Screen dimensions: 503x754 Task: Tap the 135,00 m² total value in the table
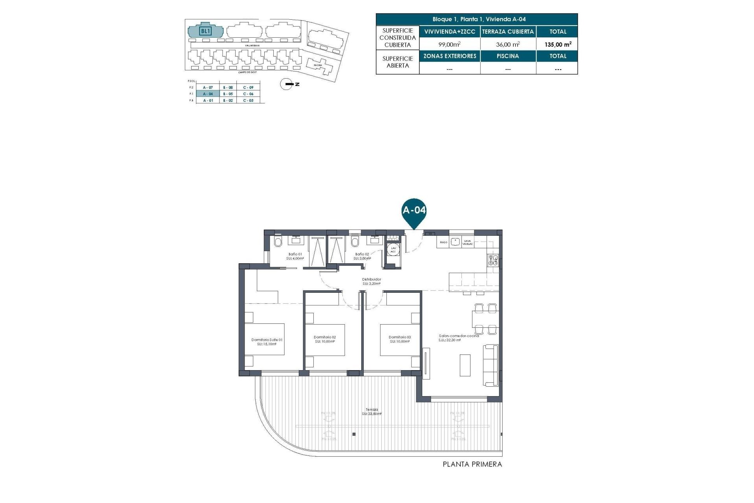pyautogui.click(x=558, y=44)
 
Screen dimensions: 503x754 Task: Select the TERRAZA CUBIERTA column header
pyautogui.click(x=508, y=32)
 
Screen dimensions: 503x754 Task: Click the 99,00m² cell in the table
pyautogui.click(x=449, y=44)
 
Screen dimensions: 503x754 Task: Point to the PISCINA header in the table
pyautogui.click(x=508, y=56)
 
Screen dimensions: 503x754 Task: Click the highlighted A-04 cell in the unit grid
pyautogui.click(x=208, y=94)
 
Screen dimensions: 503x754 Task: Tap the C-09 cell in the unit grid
pyautogui.click(x=248, y=87)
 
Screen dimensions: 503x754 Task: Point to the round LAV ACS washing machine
pyautogui.click(x=393, y=250)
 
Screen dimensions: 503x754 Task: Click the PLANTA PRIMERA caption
pyautogui.click(x=472, y=464)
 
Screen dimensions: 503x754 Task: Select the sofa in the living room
pyautogui.click(x=491, y=365)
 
